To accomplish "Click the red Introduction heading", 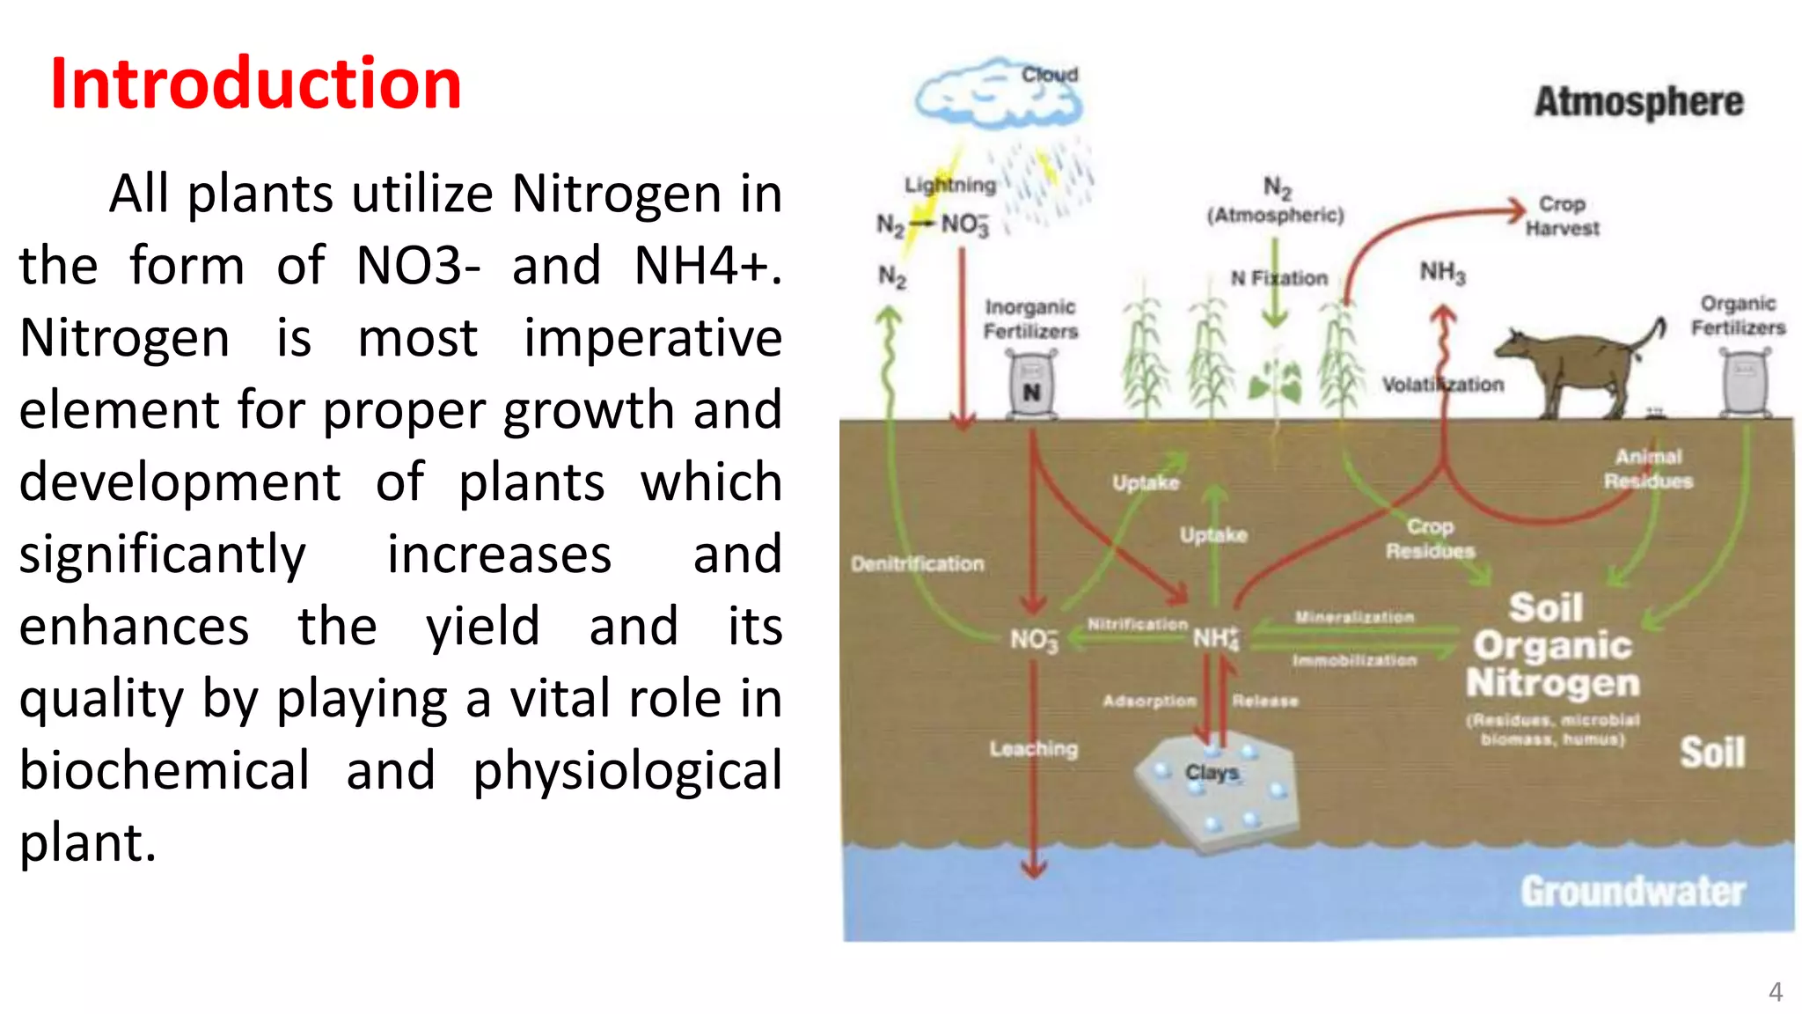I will [255, 84].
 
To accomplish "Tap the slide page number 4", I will [1775, 992].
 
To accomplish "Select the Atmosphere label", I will [1638, 101].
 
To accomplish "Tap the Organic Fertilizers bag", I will [1745, 383].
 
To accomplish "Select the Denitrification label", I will [917, 563].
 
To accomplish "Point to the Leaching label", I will [1033, 749].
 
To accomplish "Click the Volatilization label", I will [1442, 385].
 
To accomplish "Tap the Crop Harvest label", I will [1562, 216].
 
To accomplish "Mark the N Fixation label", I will [1278, 278].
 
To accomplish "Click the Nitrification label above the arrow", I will [1137, 624].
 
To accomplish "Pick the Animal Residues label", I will [1648, 469].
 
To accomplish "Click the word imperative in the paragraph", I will [652, 339].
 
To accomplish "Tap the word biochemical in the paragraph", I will [165, 771].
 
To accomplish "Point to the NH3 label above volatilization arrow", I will [1442, 272].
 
